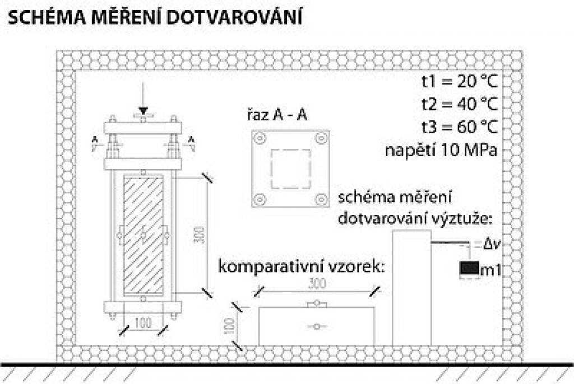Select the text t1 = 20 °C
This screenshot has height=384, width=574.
click(460, 81)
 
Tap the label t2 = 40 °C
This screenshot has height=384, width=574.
click(460, 104)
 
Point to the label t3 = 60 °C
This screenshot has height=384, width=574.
click(460, 127)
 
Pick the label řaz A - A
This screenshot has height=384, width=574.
click(277, 115)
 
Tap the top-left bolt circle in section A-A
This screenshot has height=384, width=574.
click(260, 139)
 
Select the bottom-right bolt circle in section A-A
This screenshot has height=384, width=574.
click(321, 199)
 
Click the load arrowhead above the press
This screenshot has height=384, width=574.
click(143, 111)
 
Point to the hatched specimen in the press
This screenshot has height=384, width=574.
click(143, 236)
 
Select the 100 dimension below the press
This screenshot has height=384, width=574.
click(143, 323)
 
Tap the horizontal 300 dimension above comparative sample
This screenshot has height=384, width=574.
click(317, 283)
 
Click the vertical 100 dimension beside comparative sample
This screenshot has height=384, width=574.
click(229, 325)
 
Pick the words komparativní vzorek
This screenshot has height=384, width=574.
click(302, 266)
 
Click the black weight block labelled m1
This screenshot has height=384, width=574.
click(470, 269)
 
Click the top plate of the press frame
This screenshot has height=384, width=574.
click(143, 128)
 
